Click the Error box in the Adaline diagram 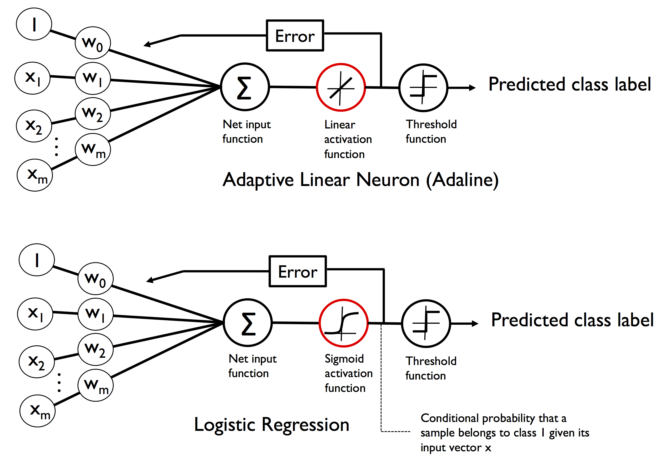295,35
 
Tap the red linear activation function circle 341,87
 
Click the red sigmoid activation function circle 343,323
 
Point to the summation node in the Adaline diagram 245,87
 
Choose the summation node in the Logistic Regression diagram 248,323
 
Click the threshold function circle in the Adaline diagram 423,88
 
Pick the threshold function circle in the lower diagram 426,323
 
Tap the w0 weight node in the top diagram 93,43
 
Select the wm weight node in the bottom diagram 96,386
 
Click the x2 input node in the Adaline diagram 34,126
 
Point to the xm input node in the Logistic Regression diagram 37,411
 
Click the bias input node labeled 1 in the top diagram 34,24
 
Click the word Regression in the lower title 305,424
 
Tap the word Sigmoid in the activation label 344,359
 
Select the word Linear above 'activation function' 340,125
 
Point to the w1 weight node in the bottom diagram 96,314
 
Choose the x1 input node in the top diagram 33,78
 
